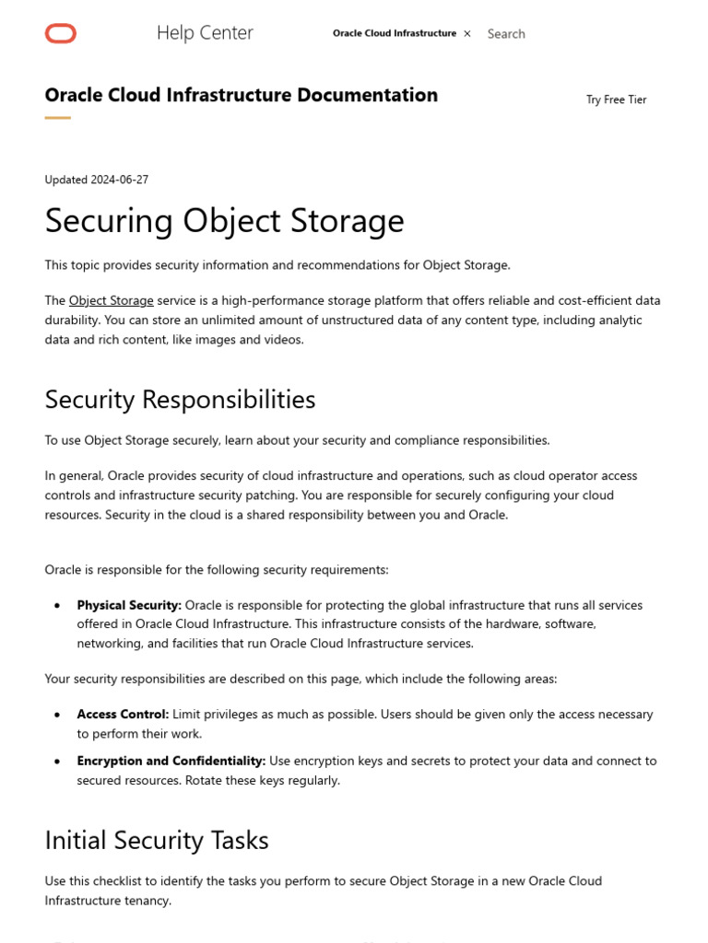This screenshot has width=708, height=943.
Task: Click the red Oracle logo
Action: (x=61, y=34)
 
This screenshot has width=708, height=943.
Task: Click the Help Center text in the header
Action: (x=205, y=33)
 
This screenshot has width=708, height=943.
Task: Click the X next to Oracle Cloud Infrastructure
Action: (x=467, y=33)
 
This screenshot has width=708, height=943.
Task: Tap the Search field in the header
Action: (x=506, y=34)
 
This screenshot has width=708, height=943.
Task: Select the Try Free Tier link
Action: (x=616, y=99)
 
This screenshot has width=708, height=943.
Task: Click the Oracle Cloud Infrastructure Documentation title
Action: (x=242, y=95)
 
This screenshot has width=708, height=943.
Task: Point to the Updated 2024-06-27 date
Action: (x=97, y=180)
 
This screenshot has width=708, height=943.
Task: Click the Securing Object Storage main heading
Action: (x=224, y=221)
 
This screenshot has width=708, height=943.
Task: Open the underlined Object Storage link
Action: (x=111, y=301)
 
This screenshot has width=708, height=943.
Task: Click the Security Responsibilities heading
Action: (x=180, y=400)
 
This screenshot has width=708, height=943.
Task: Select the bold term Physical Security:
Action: (x=129, y=605)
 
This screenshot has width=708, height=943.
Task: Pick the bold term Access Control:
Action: (x=123, y=715)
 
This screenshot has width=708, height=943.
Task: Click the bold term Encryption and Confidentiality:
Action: (x=171, y=762)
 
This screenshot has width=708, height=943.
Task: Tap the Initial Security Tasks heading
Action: (x=157, y=841)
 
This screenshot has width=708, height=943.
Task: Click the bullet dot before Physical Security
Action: (x=57, y=606)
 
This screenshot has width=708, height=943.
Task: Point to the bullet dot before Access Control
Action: (x=57, y=715)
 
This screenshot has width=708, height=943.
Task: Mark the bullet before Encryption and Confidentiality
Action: (x=57, y=762)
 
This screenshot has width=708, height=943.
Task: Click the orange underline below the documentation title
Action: (x=58, y=118)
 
